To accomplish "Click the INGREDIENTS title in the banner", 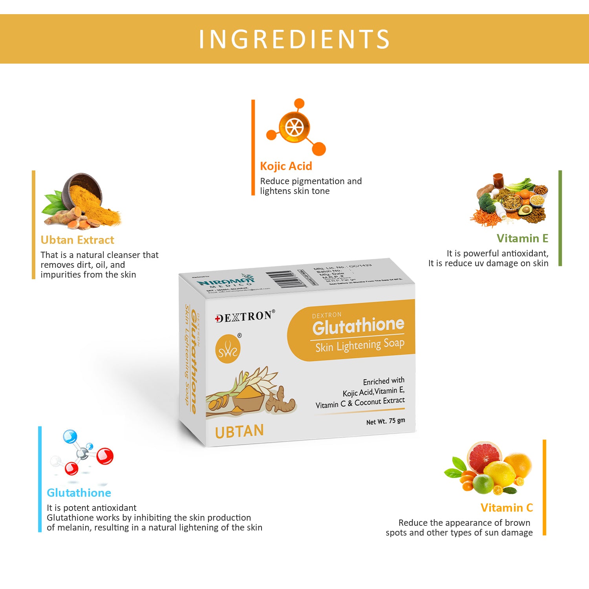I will (x=294, y=39).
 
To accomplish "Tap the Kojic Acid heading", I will (x=286, y=166).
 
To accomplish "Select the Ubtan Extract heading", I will (x=77, y=240).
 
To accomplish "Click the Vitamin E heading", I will (x=522, y=238).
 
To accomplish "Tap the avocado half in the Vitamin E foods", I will (x=525, y=210).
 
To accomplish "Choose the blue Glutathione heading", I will (x=79, y=493).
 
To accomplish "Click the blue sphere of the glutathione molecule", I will (x=70, y=437).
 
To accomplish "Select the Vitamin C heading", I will (x=507, y=508).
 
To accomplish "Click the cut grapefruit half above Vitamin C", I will (x=484, y=457).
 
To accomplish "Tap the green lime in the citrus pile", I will (x=483, y=484).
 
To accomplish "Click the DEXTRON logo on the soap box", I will (x=245, y=316).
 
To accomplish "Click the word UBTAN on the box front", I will (x=240, y=432).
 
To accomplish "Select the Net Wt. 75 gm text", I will (x=385, y=421).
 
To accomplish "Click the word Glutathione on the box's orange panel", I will (x=358, y=326).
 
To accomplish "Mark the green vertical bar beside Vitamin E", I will (x=560, y=218).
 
